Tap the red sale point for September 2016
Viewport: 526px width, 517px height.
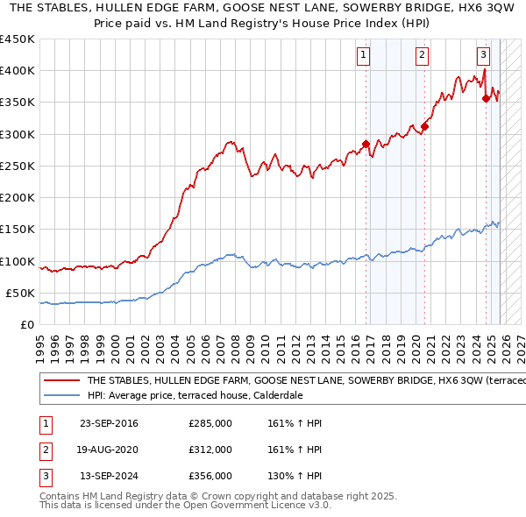366,145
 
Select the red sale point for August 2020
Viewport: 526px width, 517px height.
424,126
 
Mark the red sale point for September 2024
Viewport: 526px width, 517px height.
486,98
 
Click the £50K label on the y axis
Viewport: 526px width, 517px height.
21,294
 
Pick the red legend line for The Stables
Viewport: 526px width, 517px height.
61,381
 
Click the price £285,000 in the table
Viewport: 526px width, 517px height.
210,423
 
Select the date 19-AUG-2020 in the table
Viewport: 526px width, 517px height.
109,450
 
